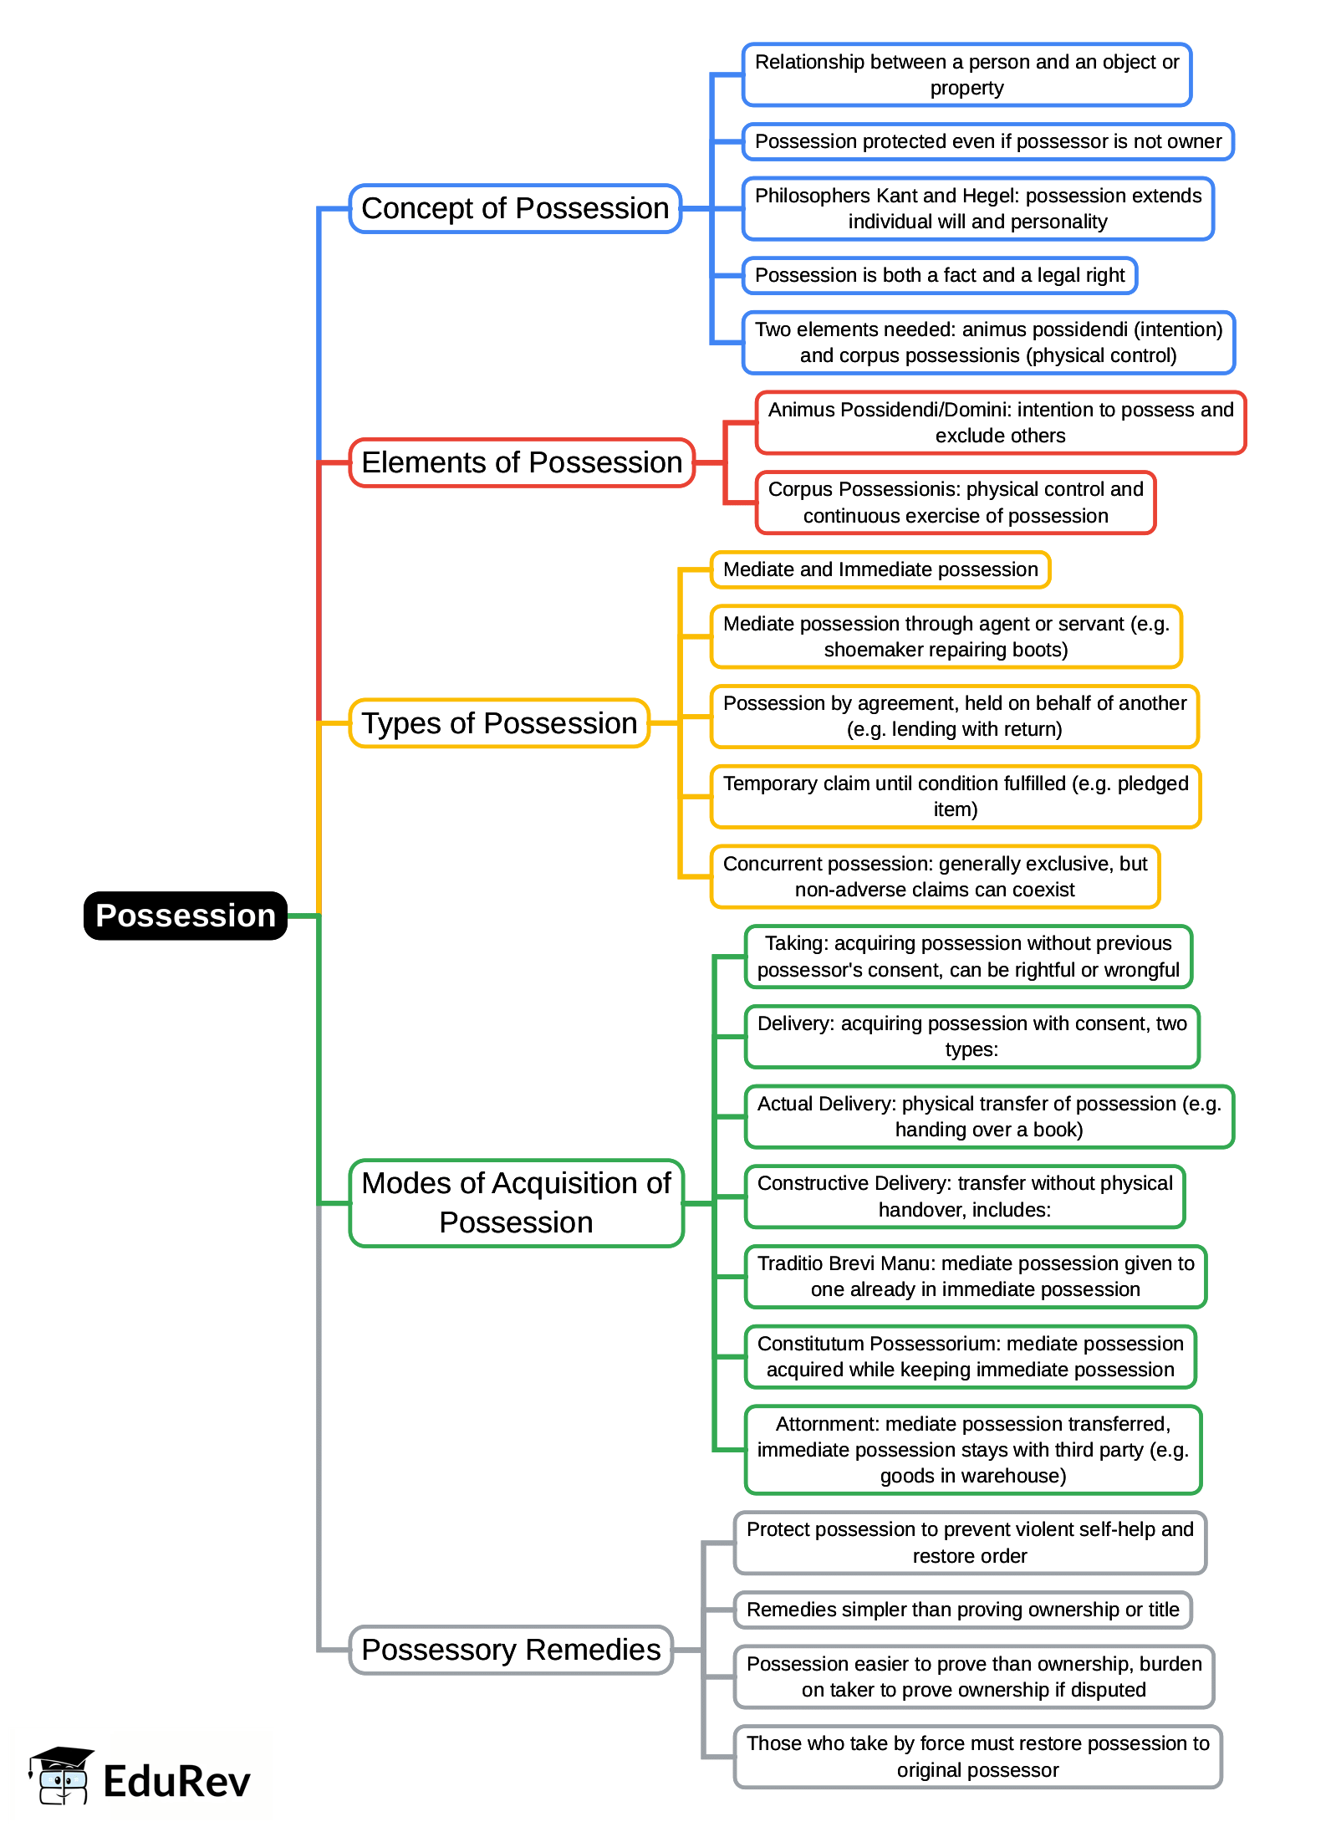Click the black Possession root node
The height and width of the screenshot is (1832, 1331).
coord(185,916)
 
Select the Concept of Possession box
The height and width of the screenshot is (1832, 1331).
coord(515,208)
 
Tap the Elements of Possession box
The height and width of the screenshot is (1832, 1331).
coord(522,462)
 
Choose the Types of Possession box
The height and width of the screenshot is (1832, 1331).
coord(499,723)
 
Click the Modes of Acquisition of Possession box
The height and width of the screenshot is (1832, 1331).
coord(516,1202)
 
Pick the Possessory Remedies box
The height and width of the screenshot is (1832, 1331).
coord(511,1650)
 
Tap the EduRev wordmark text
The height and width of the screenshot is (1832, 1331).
coord(176,1781)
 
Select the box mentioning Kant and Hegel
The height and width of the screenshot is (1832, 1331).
coord(977,208)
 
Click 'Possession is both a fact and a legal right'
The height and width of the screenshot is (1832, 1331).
coord(940,275)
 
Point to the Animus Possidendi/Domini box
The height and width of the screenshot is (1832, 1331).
coord(1000,422)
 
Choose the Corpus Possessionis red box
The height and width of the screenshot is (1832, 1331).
coord(955,503)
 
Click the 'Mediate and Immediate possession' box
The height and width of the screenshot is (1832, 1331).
coord(880,569)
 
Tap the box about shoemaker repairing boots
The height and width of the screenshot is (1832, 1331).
coord(946,636)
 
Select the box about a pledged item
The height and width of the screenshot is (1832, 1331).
coord(955,796)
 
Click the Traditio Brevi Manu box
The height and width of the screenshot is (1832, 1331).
coord(975,1276)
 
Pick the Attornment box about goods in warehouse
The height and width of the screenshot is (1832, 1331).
coord(972,1449)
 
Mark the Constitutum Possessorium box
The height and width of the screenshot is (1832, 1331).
coord(970,1356)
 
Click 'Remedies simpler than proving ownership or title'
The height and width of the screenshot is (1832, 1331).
coord(962,1610)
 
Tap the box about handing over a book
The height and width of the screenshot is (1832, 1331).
coord(988,1116)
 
